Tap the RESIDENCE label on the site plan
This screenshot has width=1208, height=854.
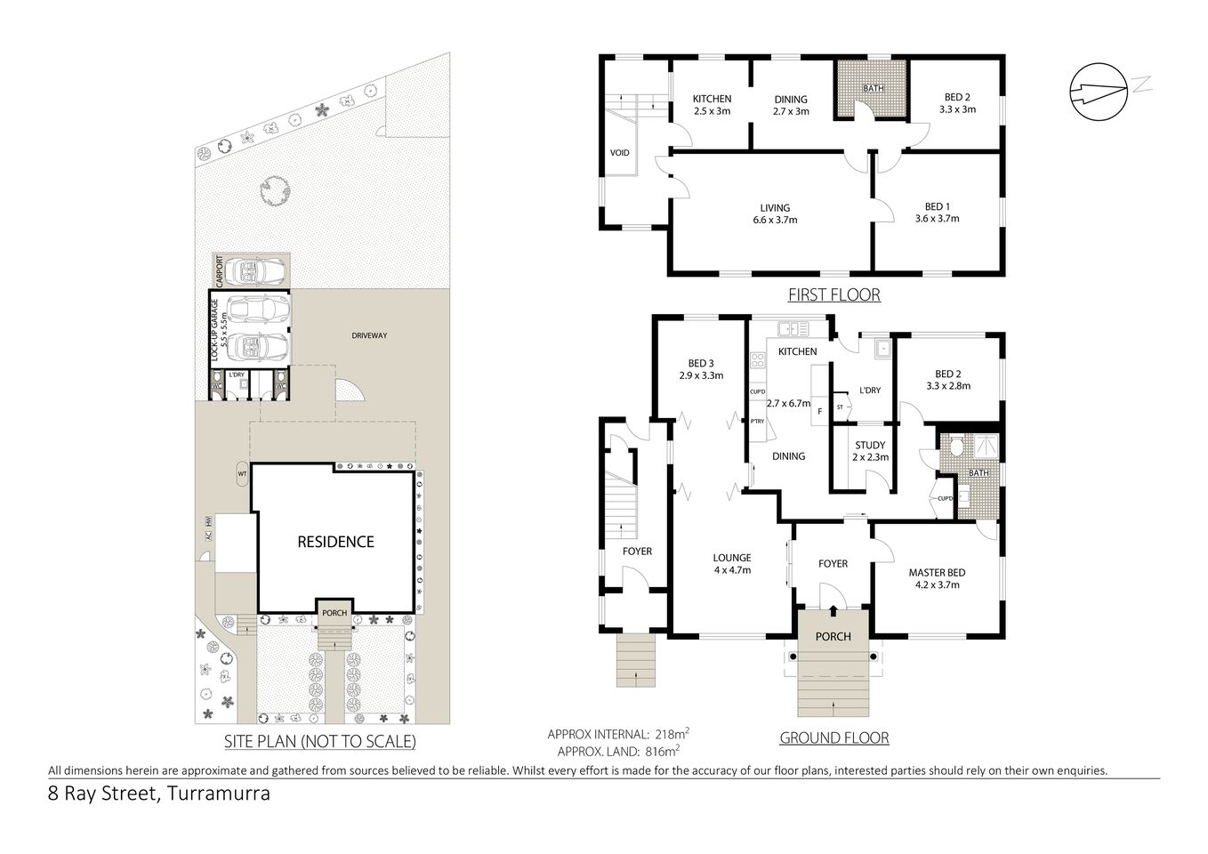point(335,542)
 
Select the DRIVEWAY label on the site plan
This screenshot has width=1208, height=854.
point(369,335)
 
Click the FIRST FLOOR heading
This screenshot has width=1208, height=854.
point(834,295)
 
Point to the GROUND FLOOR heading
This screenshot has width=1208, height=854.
point(834,737)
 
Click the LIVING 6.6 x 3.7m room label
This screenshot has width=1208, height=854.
point(774,213)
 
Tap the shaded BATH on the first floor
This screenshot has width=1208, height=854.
point(873,89)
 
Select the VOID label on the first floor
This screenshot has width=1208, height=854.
point(620,153)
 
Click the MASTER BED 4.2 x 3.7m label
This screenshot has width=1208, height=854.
point(936,578)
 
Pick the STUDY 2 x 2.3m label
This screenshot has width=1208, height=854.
point(869,451)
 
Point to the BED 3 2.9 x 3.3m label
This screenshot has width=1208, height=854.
point(700,369)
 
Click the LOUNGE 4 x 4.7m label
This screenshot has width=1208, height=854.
point(731,564)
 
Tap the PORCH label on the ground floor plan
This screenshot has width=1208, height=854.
point(833,636)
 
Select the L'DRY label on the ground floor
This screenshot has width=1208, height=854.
point(869,391)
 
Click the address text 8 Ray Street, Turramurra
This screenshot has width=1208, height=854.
point(159,794)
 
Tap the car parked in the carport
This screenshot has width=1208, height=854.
point(256,270)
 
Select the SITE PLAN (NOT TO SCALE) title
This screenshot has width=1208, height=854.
point(318,741)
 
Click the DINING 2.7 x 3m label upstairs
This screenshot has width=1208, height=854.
point(790,105)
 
